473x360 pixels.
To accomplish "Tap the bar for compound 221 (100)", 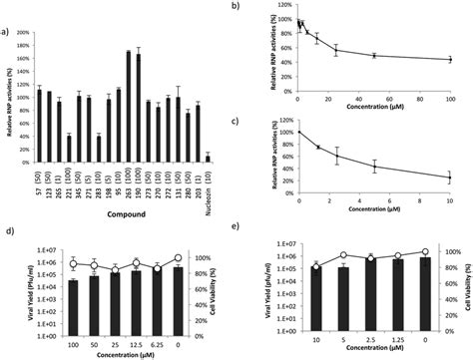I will click(x=69, y=148).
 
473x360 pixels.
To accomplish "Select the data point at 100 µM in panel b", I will click(x=450, y=60).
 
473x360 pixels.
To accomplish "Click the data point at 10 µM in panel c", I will click(x=450, y=178).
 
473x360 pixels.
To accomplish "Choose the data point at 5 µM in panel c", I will click(x=374, y=166).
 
